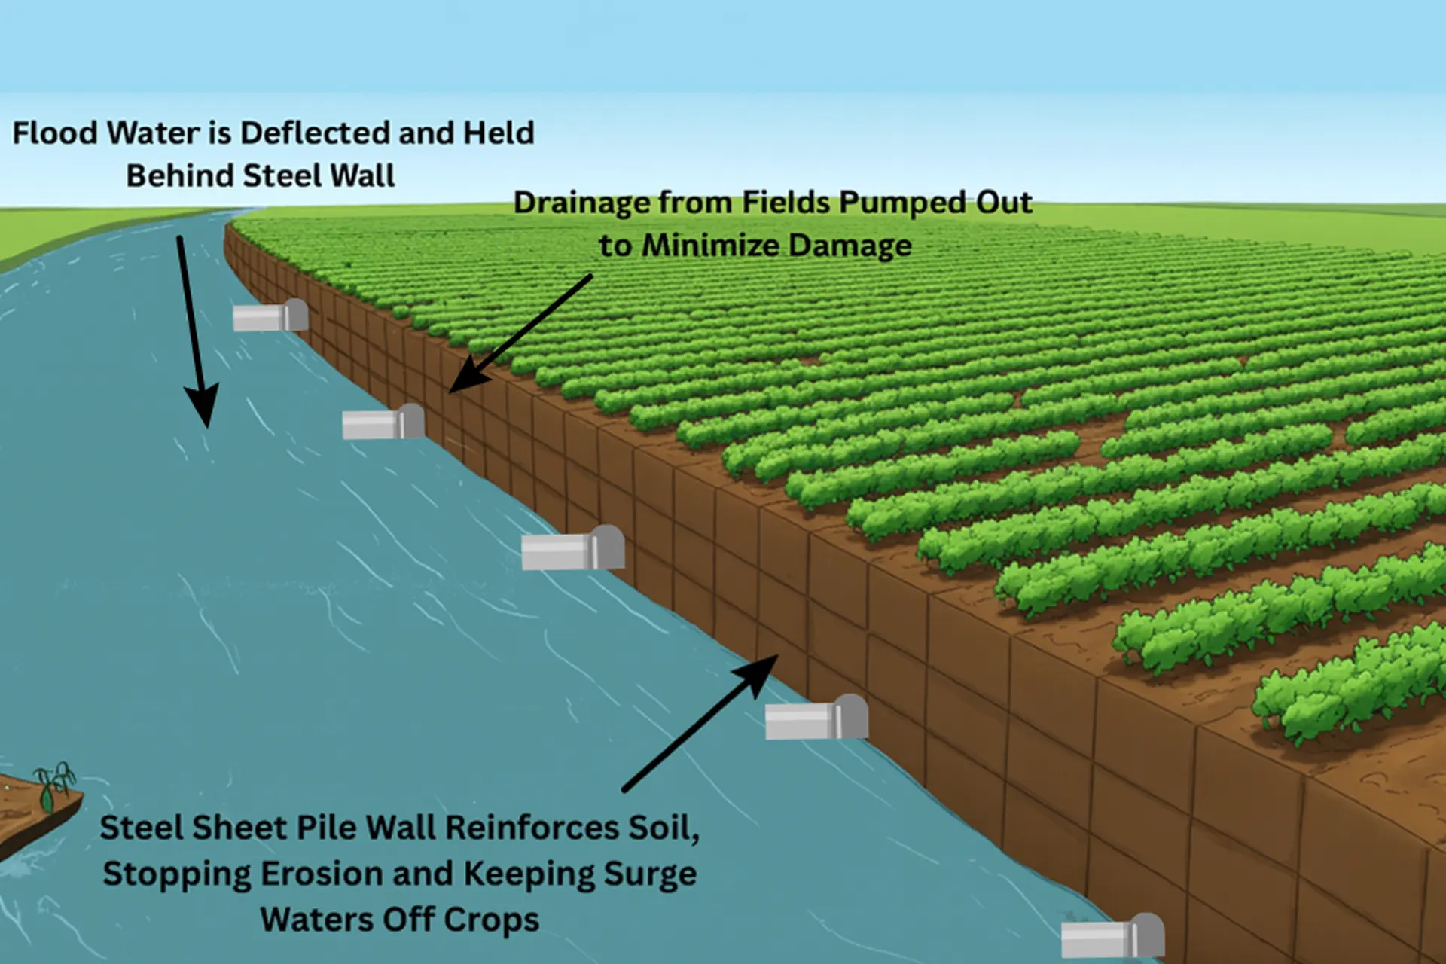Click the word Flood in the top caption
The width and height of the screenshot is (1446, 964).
[56, 133]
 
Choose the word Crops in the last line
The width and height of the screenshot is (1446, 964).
[491, 920]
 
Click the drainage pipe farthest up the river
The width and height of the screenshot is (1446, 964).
[270, 316]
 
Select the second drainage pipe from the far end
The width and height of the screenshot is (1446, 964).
[383, 423]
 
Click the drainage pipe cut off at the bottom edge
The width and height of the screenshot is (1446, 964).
[1112, 938]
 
